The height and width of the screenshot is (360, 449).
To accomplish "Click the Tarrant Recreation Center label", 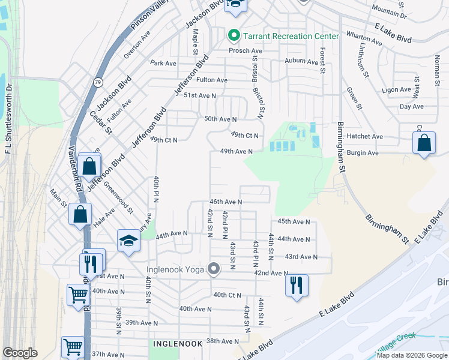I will pos(291,36).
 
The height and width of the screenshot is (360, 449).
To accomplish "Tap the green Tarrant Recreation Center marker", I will pos(235,36).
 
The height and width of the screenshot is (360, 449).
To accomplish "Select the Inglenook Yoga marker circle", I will pos(213,268).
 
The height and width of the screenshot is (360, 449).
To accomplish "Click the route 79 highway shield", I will pos(98,82).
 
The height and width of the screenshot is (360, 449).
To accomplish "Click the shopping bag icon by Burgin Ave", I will pos(424,143).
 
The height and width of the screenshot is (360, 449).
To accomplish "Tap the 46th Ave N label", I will pos(225,202).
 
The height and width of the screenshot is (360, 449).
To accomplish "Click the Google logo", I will pos(20,353).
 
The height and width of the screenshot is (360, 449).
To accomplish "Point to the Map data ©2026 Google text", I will pos(411,355).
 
